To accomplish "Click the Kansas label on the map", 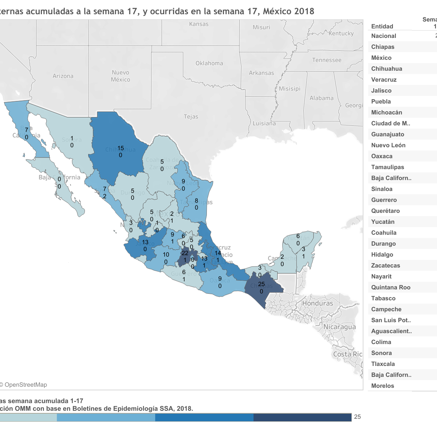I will click(x=199, y=24).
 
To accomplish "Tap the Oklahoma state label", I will click(x=209, y=63).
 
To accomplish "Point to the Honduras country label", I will click(x=318, y=303).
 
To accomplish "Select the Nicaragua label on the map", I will click(x=339, y=327).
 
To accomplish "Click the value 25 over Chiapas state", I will click(x=261, y=284).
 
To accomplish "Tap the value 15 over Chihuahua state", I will click(x=121, y=148).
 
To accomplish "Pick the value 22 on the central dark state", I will click(x=185, y=253).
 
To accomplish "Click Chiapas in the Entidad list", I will click(x=383, y=47).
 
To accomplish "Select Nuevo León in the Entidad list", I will click(x=388, y=145).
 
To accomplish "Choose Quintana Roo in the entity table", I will click(x=391, y=287).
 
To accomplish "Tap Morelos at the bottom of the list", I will click(x=382, y=386).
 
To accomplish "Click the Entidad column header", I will click(x=382, y=26).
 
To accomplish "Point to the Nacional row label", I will click(x=383, y=36).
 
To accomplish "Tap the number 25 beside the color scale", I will click(x=357, y=417).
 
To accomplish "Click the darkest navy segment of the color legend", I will click(x=302, y=417).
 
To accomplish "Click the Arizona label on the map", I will click(x=63, y=76).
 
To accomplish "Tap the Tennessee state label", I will click(x=327, y=60).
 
